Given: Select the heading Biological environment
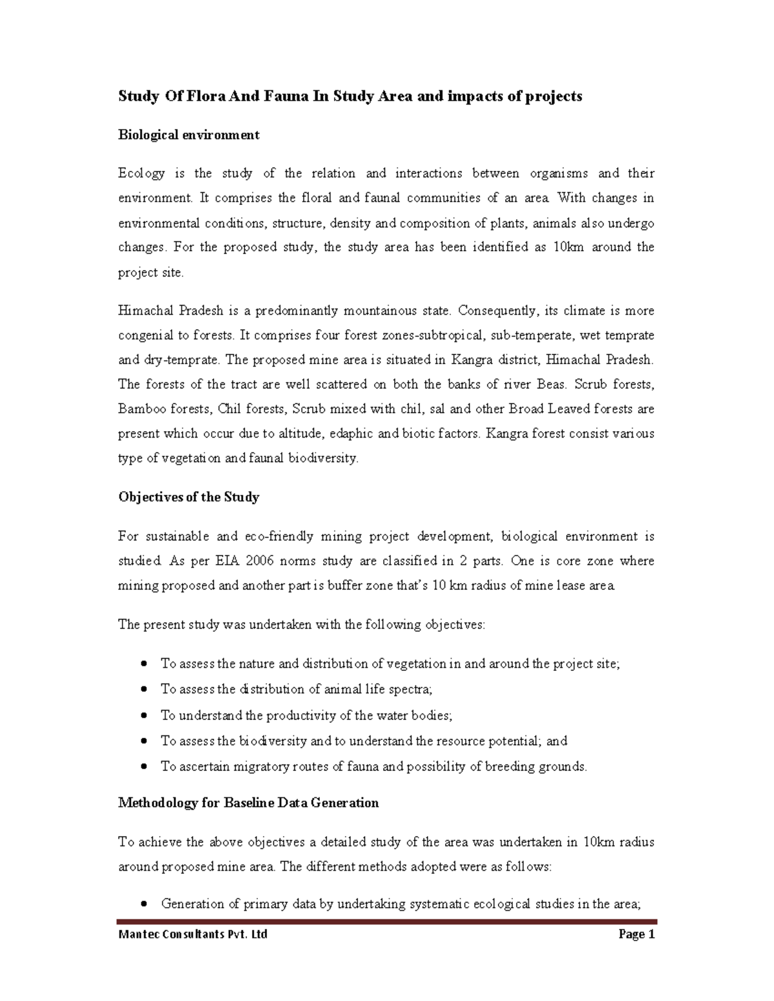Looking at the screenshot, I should (188, 135).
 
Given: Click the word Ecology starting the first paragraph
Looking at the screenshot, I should (141, 173).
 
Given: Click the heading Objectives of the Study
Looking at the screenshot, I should (188, 497).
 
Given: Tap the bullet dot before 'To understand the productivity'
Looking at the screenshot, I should (144, 715).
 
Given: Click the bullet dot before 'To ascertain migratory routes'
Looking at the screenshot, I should (144, 767).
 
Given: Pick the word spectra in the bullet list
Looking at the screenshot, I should (411, 689).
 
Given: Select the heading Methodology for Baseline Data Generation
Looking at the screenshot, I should (248, 802).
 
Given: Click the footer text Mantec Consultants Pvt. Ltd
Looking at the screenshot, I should (192, 934).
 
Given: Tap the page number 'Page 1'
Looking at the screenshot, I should (636, 934).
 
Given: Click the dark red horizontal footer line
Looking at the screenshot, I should (387, 922).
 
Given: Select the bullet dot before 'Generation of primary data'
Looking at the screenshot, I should (144, 904).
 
